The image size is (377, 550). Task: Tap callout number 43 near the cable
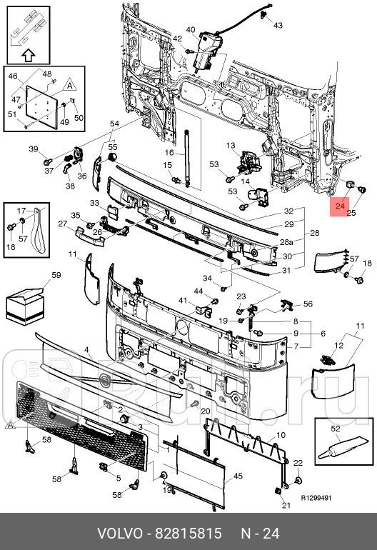(278, 26)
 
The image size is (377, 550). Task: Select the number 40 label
(191, 30)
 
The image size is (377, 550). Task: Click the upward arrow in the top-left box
(26, 54)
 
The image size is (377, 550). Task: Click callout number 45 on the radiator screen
(238, 476)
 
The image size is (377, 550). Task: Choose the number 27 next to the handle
(62, 224)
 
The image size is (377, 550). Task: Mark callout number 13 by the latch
(231, 146)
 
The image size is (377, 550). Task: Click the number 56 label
(308, 304)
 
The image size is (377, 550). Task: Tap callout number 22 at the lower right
(298, 464)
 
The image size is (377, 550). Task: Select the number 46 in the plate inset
(12, 76)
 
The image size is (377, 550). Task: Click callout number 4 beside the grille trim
(87, 351)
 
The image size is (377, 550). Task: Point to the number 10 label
(281, 434)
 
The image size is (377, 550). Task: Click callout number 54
(114, 124)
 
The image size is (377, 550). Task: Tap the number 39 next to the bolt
(33, 149)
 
